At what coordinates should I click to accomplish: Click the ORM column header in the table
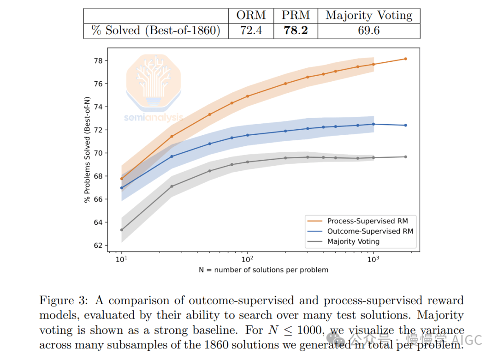pyautogui.click(x=251, y=15)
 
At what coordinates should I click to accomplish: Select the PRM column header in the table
pyautogui.click(x=296, y=15)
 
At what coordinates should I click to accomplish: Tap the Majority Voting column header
pyautogui.click(x=369, y=15)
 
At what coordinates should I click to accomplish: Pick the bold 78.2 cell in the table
pyautogui.click(x=296, y=31)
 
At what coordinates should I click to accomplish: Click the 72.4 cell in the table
pyautogui.click(x=251, y=31)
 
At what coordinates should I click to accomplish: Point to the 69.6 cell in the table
pyautogui.click(x=369, y=31)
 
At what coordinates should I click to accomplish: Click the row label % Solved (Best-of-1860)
pyautogui.click(x=155, y=31)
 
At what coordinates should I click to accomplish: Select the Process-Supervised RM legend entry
pyautogui.click(x=368, y=221)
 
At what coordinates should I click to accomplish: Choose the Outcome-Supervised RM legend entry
pyautogui.click(x=370, y=231)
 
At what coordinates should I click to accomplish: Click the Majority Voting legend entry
pyautogui.click(x=353, y=241)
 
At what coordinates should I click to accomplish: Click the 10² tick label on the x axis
pyautogui.click(x=248, y=259)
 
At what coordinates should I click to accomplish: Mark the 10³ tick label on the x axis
pyautogui.click(x=373, y=259)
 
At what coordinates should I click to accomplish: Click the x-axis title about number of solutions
pyautogui.click(x=263, y=270)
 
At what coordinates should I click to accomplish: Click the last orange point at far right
pyautogui.click(x=405, y=59)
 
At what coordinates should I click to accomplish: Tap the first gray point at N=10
pyautogui.click(x=121, y=230)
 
